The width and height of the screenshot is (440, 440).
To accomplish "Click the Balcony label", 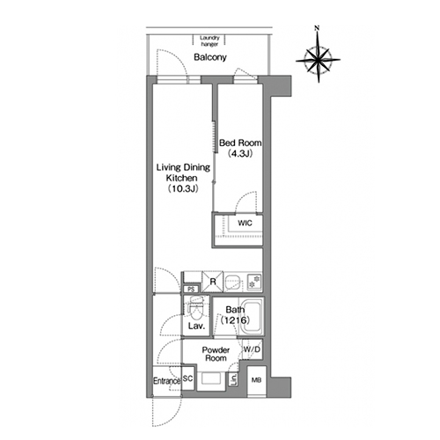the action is coord(210,57).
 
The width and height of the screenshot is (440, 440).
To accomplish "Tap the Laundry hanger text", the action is coord(209,41).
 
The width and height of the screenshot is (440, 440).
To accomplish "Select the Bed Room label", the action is coord(240,143).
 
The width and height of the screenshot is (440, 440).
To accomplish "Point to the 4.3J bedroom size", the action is coord(240,154).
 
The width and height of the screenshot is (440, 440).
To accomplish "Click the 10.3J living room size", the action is coord(183,188).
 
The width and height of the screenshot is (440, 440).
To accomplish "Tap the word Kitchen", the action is coord(181,178).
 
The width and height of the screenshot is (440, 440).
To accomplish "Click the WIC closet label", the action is coord(245,224).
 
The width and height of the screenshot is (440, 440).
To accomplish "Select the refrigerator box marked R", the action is coord(213,282).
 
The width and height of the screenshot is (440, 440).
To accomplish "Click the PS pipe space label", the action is coord(191,290).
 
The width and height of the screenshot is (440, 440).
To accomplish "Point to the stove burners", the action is coord(254,282).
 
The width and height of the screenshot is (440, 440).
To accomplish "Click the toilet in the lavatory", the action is coord(196,309).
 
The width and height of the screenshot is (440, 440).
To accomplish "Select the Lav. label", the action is coord(196,326).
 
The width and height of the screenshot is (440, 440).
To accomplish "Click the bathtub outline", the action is coord(252,317).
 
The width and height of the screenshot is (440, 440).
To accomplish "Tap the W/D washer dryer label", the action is coord(252,349).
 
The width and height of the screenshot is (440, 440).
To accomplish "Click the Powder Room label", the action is coord(216,354).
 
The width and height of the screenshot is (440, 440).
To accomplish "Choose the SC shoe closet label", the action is coord(187,378).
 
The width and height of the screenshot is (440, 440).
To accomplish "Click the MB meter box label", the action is coord(256,380).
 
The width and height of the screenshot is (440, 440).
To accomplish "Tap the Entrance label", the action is coord(166,381).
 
